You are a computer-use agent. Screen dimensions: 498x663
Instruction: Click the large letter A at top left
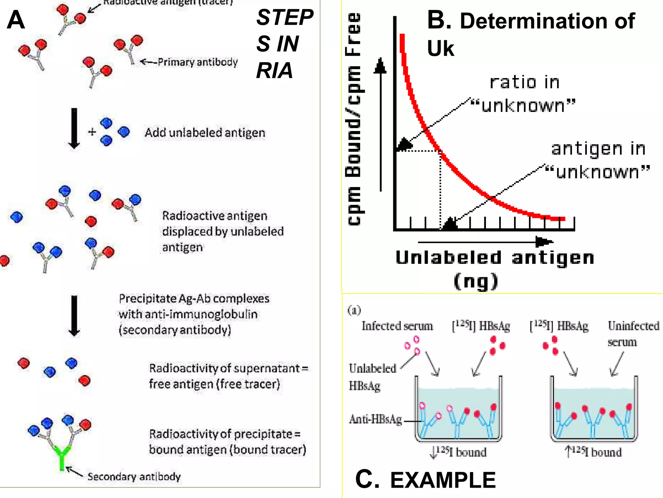click(x=16, y=20)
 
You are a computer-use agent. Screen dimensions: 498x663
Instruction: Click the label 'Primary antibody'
click(x=197, y=62)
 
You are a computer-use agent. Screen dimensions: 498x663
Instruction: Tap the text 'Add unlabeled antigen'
click(x=205, y=133)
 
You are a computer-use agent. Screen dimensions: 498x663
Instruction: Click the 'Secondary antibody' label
click(x=134, y=477)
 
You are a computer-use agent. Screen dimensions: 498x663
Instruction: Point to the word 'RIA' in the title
click(x=274, y=70)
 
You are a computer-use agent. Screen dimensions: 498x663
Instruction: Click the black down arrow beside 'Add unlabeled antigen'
click(x=74, y=128)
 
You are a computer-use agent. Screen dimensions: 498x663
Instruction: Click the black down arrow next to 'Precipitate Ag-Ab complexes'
click(x=74, y=315)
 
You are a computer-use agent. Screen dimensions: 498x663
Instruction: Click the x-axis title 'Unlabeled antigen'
click(x=495, y=258)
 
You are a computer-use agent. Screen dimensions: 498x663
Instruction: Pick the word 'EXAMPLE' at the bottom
click(x=443, y=480)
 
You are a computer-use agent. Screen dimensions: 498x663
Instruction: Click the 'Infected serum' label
click(x=397, y=326)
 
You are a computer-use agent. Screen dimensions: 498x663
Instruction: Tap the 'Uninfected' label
click(x=633, y=326)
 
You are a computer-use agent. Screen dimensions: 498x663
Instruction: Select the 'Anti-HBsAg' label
click(x=376, y=419)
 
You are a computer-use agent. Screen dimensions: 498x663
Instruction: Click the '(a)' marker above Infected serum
click(x=354, y=310)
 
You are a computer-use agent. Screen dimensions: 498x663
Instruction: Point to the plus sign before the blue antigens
click(x=92, y=132)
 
